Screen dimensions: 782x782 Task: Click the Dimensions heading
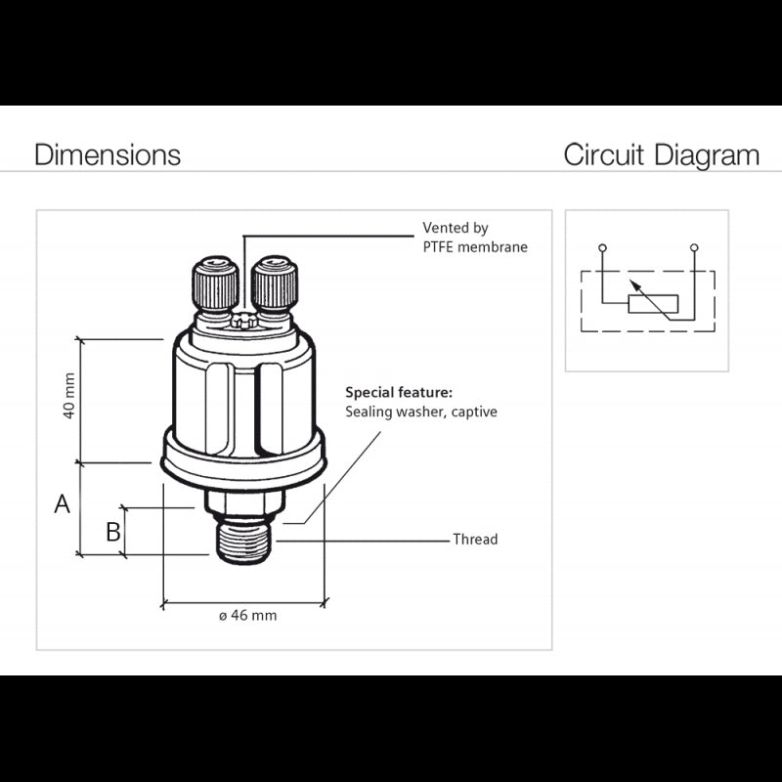pyautogui.click(x=108, y=155)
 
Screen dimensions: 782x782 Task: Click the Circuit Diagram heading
pyautogui.click(x=661, y=155)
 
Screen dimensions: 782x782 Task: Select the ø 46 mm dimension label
pyautogui.click(x=246, y=616)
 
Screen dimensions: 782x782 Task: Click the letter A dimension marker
pyautogui.click(x=62, y=504)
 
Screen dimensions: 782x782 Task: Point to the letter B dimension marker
pyautogui.click(x=113, y=532)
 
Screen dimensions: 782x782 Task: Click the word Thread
pyautogui.click(x=475, y=540)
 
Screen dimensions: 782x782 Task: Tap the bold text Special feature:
pyautogui.click(x=399, y=392)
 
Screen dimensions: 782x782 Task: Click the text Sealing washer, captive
pyautogui.click(x=421, y=412)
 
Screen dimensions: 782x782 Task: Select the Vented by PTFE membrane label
pyautogui.click(x=474, y=238)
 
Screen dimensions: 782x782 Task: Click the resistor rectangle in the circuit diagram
pyautogui.click(x=651, y=303)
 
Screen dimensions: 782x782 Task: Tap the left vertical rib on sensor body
pyautogui.click(x=218, y=411)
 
